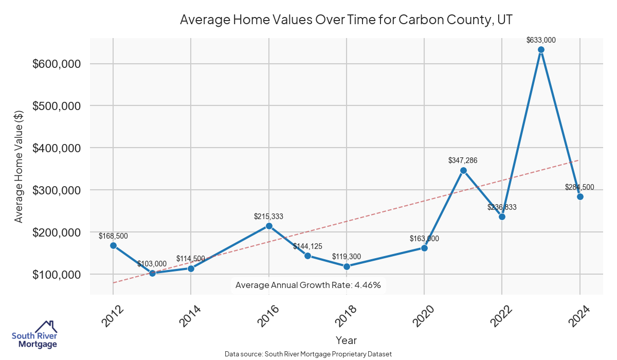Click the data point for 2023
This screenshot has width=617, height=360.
pyautogui.click(x=541, y=50)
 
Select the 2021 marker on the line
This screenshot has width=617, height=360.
pyautogui.click(x=463, y=170)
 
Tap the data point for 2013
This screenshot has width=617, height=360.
pyautogui.click(x=152, y=273)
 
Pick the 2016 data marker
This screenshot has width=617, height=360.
pyautogui.click(x=269, y=226)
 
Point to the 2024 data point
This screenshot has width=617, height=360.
pyautogui.click(x=580, y=196)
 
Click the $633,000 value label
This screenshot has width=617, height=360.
pyautogui.click(x=541, y=40)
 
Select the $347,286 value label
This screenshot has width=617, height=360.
pyautogui.click(x=463, y=160)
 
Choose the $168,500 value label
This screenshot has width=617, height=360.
pyautogui.click(x=113, y=236)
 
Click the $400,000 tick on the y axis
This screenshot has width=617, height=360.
pyautogui.click(x=56, y=148)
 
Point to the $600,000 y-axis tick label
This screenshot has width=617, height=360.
pyautogui.click(x=56, y=64)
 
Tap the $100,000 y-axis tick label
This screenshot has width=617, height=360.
pyautogui.click(x=56, y=275)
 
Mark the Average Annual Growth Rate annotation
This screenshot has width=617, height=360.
pyautogui.click(x=308, y=285)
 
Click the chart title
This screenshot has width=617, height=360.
pyautogui.click(x=346, y=20)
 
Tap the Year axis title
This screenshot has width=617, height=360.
pyautogui.click(x=346, y=340)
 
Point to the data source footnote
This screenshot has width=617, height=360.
pyautogui.click(x=308, y=354)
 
